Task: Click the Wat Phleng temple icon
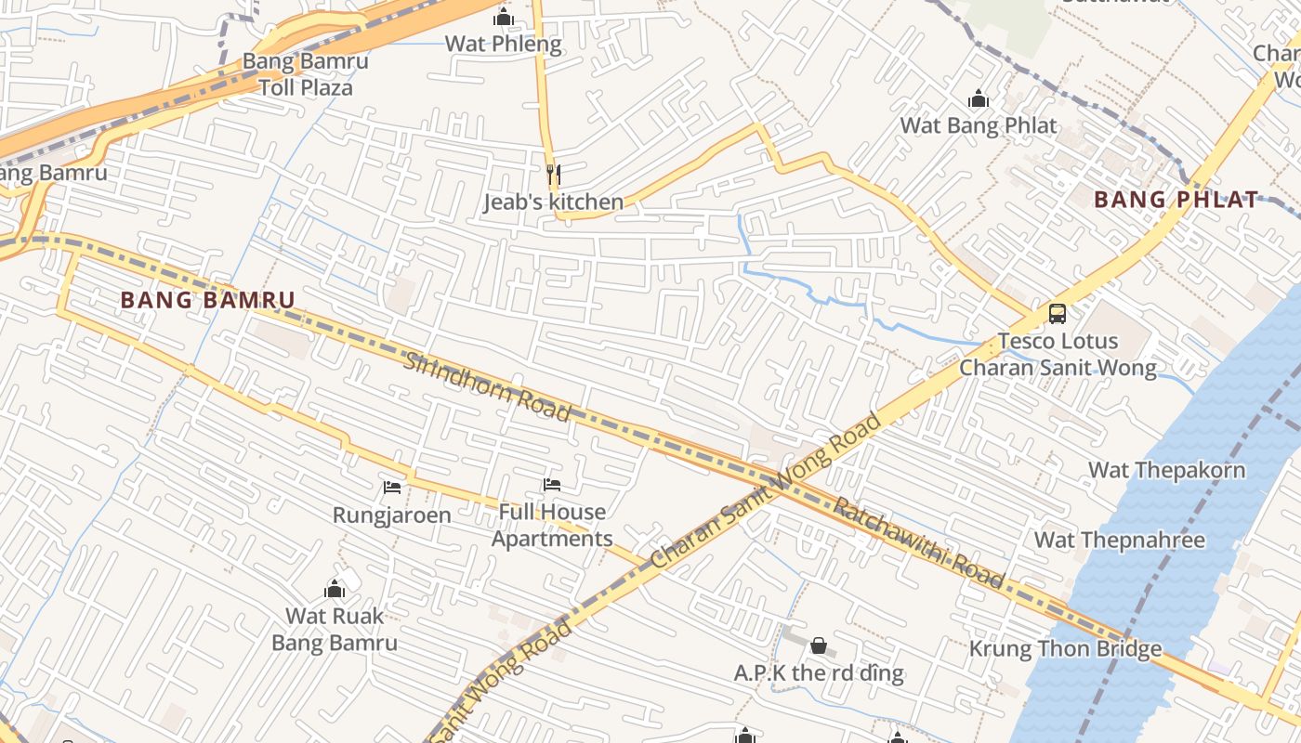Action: pos(504,17)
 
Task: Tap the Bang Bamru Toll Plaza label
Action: pos(305,75)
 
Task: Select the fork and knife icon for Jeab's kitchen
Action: pos(553,174)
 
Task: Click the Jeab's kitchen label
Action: pos(553,202)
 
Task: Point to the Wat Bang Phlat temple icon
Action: pos(978,98)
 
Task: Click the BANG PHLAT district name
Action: pos(1176,200)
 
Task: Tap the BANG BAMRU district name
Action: pos(207,300)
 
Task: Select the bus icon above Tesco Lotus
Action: pos(1058,314)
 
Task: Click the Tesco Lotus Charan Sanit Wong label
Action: pos(1058,355)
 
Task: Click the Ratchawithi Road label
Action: pos(917,543)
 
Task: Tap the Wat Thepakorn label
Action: pos(1166,470)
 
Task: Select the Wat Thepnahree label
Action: pos(1119,540)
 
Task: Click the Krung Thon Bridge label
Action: pos(1065,648)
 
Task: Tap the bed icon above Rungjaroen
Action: pos(392,487)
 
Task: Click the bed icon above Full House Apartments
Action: pos(552,484)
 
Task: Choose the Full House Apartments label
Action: pos(552,526)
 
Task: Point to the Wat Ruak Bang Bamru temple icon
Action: pos(335,589)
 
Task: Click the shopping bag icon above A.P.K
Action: pos(819,645)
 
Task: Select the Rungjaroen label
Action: pos(392,515)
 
